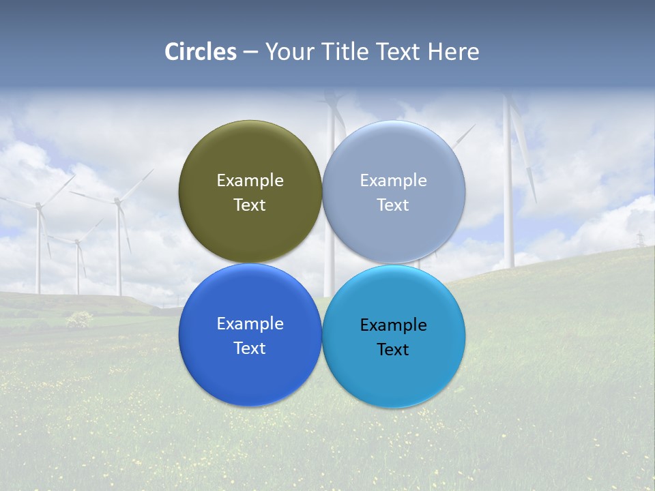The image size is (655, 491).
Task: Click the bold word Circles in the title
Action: tap(201, 52)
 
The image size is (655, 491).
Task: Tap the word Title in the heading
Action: tap(347, 52)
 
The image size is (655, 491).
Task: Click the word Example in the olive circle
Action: tap(250, 181)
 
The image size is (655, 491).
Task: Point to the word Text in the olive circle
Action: tap(250, 205)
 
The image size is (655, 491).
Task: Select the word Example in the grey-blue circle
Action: tap(393, 181)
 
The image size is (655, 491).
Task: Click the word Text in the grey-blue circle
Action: tap(393, 205)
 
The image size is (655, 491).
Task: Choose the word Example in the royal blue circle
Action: tap(250, 324)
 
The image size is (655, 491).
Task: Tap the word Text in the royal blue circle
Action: tap(250, 348)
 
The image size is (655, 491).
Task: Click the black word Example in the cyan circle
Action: tap(393, 325)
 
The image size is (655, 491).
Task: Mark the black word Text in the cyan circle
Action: tap(393, 350)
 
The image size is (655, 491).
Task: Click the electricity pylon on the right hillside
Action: tap(640, 239)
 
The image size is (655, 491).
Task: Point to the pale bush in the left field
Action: tap(80, 318)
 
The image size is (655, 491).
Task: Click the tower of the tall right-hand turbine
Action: tap(508, 205)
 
